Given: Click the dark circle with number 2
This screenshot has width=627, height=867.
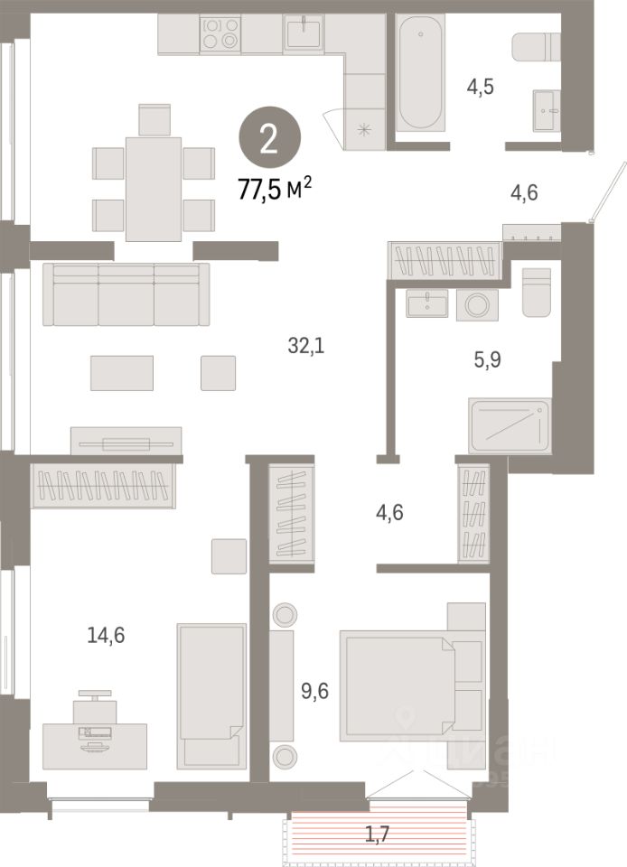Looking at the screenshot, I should pos(268,140).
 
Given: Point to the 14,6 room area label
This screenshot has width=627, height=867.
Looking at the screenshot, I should pos(105,635).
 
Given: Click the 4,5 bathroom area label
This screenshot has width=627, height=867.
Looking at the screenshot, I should pos(481,88).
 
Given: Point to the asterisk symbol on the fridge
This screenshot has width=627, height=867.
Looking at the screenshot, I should pos(365,129).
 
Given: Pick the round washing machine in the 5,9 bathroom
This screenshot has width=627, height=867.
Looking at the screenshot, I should pos(472,304).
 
